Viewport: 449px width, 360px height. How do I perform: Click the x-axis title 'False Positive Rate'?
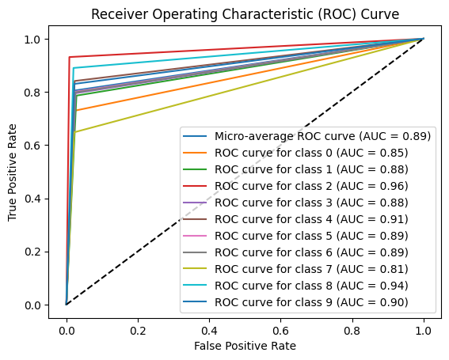(245, 346)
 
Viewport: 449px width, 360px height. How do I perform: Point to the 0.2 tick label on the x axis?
(138, 327)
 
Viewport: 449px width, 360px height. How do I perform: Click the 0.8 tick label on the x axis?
(352, 327)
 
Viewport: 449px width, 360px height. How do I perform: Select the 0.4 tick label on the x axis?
(209, 327)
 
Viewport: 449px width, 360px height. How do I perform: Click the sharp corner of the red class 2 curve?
(69, 57)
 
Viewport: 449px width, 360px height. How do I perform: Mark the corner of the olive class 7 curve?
(74, 132)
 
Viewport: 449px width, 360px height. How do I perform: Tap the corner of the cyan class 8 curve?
(73, 68)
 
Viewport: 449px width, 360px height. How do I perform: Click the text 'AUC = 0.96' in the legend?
(377, 186)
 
